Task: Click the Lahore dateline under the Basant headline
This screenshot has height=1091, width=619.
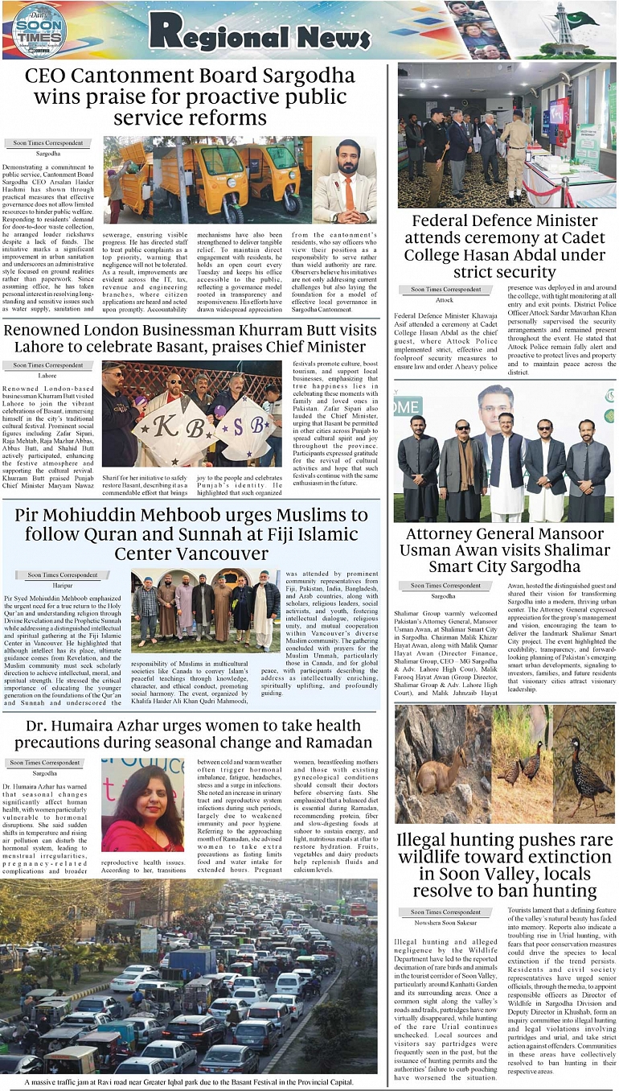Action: point(47,376)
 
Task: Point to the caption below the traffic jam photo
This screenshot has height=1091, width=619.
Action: point(190,1082)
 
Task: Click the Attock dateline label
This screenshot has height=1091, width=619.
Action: point(445,299)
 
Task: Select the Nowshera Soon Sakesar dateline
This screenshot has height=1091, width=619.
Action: point(447,923)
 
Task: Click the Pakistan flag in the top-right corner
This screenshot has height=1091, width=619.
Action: point(580,19)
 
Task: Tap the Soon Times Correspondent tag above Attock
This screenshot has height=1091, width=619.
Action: point(447,289)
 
